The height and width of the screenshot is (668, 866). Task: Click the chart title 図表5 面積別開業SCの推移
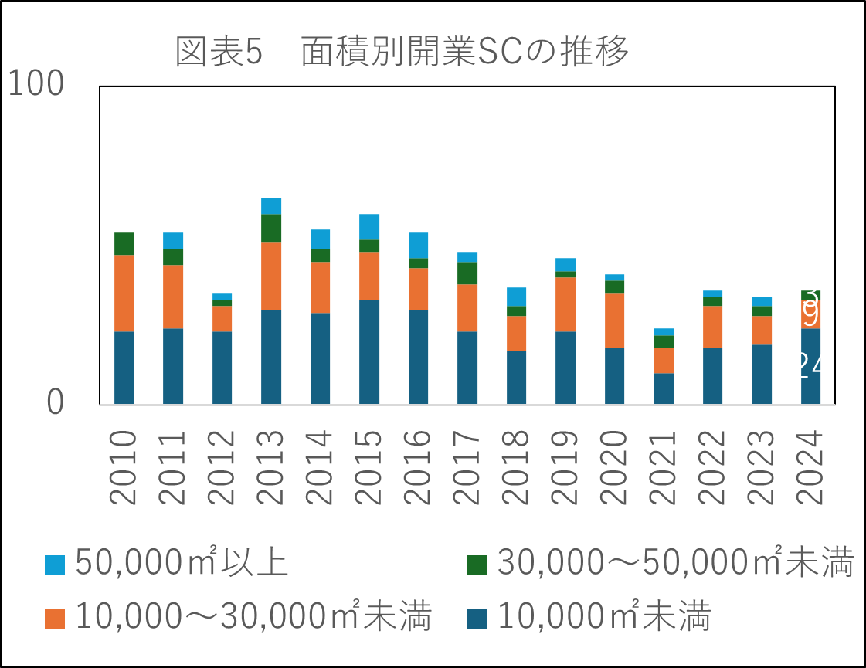click(402, 52)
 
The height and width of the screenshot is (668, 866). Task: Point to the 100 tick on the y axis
click(36, 86)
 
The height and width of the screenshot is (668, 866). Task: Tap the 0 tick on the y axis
click(55, 403)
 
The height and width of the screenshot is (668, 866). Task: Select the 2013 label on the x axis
click(271, 466)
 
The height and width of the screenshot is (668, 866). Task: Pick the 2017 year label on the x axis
click(467, 466)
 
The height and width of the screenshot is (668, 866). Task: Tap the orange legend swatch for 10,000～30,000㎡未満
click(55, 619)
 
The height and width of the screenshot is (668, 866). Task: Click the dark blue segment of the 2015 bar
click(369, 351)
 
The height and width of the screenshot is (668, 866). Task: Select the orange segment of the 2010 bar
click(124, 293)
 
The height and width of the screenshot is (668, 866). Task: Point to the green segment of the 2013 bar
click(271, 229)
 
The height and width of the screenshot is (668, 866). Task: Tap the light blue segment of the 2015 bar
click(369, 226)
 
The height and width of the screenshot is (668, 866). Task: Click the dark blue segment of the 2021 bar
click(664, 388)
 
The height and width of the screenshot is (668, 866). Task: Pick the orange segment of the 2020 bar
click(615, 320)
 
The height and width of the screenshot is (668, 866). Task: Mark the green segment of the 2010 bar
click(124, 243)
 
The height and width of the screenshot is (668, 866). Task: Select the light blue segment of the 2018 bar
click(517, 297)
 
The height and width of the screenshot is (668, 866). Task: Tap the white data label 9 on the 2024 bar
click(811, 315)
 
